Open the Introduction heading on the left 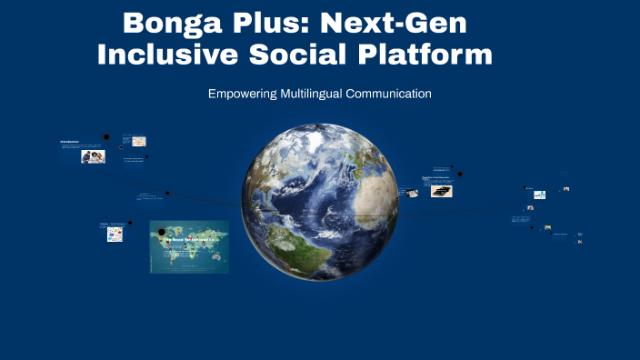(x=70, y=142)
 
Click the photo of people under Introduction (x=93, y=156)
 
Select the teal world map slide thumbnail (x=189, y=246)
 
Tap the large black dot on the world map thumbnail (x=163, y=233)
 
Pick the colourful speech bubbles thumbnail (x=115, y=235)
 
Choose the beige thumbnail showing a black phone (x=441, y=192)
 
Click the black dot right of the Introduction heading (x=106, y=137)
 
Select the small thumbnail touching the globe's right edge (x=411, y=193)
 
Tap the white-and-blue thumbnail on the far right (x=539, y=195)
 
